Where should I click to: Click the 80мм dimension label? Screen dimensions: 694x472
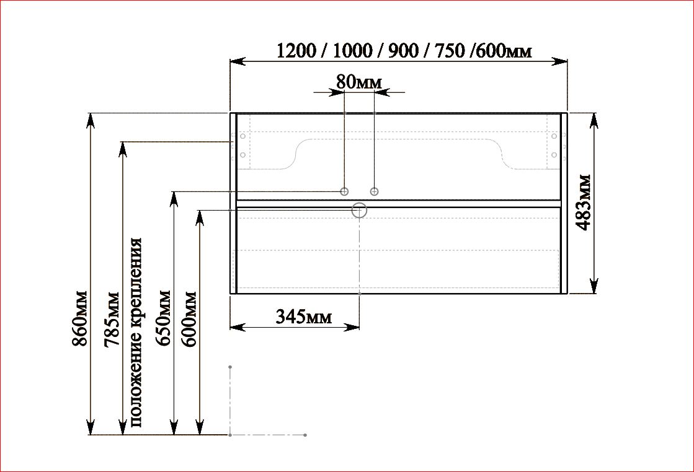358,82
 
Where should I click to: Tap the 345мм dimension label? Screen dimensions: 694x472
304,317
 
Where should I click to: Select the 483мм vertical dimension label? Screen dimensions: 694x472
584,203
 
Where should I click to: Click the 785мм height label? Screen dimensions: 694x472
111,319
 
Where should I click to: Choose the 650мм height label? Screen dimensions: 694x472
162,318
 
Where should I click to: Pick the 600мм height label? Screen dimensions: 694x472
189,319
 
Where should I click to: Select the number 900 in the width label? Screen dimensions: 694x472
403,51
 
